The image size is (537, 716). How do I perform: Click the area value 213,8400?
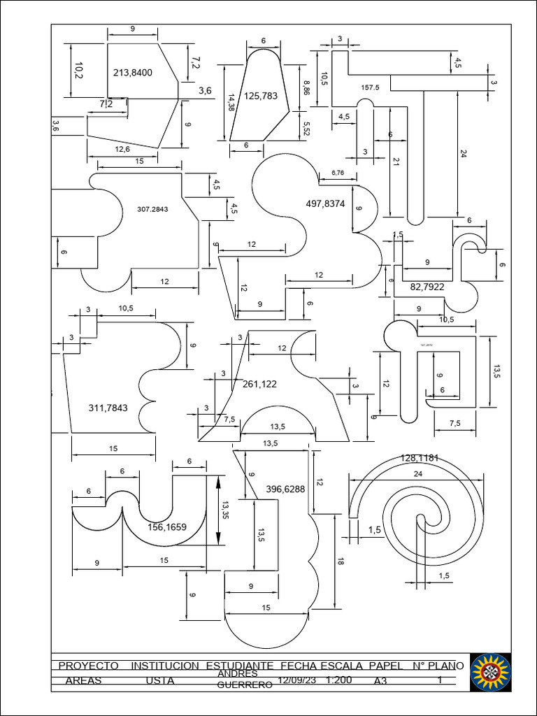pos(132,72)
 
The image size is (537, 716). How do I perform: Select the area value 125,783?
pos(260,96)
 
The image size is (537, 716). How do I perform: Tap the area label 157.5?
pos(370,87)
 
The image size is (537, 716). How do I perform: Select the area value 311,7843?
pos(108,408)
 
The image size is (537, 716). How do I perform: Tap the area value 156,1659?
pos(167,527)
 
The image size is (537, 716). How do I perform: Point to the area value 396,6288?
pos(286,489)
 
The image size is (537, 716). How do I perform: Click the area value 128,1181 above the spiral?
pos(420,458)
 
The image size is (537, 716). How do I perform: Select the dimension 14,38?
pos(231,103)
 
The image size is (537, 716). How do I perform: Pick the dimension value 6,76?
pos(337,172)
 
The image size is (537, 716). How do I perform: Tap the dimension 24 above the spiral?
pos(418,473)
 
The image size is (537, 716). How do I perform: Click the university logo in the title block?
pos(490,673)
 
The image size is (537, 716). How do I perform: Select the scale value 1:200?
pos(338,680)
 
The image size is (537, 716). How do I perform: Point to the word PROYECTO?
pos(88,666)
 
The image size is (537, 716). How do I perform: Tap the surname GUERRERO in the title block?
pos(245,685)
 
